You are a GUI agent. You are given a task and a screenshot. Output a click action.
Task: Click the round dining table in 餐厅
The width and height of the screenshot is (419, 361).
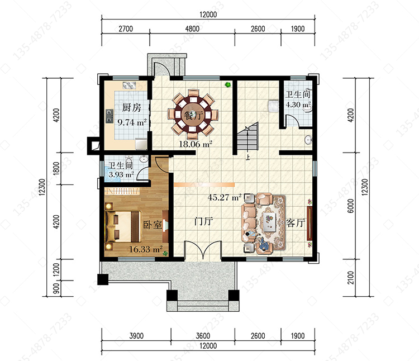pyautogui.click(x=193, y=115)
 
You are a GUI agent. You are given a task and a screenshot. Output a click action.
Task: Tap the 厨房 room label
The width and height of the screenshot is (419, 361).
pyautogui.click(x=131, y=107)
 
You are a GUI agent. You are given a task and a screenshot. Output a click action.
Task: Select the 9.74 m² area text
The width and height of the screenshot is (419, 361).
pyautogui.click(x=132, y=122)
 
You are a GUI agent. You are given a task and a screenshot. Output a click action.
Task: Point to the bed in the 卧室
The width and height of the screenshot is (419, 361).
pyautogui.click(x=123, y=226)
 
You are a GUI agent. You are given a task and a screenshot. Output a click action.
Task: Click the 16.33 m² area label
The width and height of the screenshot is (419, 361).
pyautogui.click(x=146, y=249)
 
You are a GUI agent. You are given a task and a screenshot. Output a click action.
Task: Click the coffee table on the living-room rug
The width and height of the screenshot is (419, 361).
pyautogui.click(x=269, y=221)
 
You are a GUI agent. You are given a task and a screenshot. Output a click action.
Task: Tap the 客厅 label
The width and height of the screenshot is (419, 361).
pyautogui.click(x=296, y=222)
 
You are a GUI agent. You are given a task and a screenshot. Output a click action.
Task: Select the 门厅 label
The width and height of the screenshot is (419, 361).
pyautogui.click(x=203, y=221)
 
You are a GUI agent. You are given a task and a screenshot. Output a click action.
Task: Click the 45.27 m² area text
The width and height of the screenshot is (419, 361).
pyautogui.click(x=225, y=197)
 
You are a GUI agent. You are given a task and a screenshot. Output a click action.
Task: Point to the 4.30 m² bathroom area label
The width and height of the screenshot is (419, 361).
pyautogui.click(x=298, y=104)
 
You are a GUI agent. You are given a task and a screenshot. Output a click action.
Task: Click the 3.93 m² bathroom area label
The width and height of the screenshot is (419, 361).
pyautogui.click(x=121, y=174)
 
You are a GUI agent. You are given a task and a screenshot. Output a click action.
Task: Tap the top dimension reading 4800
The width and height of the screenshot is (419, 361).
pyautogui.click(x=192, y=28)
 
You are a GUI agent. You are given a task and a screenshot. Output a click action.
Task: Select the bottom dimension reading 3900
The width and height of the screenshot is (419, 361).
pyautogui.click(x=136, y=336)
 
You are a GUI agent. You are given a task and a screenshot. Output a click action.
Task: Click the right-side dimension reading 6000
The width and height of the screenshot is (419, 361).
pyautogui.click(x=351, y=206)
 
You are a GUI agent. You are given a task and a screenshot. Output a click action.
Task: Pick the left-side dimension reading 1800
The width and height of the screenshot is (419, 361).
pyautogui.click(x=56, y=169)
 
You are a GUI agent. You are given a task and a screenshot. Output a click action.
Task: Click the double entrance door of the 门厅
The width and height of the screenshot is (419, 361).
pyautogui.click(x=203, y=250)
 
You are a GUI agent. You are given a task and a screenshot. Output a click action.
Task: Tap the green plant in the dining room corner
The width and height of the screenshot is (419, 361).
pyautogui.click(x=228, y=85)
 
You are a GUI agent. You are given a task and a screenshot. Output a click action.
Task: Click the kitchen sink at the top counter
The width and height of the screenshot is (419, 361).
pyautogui.click(x=130, y=85)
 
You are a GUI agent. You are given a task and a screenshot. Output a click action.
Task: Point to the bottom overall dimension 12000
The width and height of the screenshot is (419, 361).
pyautogui.click(x=208, y=346)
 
